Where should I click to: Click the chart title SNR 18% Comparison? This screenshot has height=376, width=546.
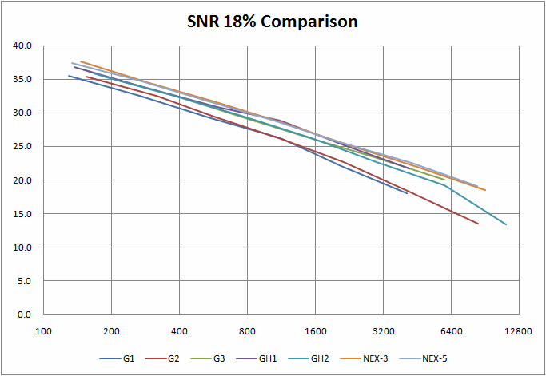point(273,22)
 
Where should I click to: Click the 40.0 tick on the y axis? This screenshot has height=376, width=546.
point(22,46)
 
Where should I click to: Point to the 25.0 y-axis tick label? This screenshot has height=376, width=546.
point(22,147)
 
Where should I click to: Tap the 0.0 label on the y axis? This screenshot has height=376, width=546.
point(25,315)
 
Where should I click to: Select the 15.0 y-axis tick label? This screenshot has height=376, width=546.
point(22,214)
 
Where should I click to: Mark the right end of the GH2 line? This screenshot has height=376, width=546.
point(506,224)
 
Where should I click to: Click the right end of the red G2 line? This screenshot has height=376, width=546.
point(478,224)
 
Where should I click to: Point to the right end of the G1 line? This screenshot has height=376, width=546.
point(407,193)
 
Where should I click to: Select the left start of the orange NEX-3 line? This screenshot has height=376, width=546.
point(81,61)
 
